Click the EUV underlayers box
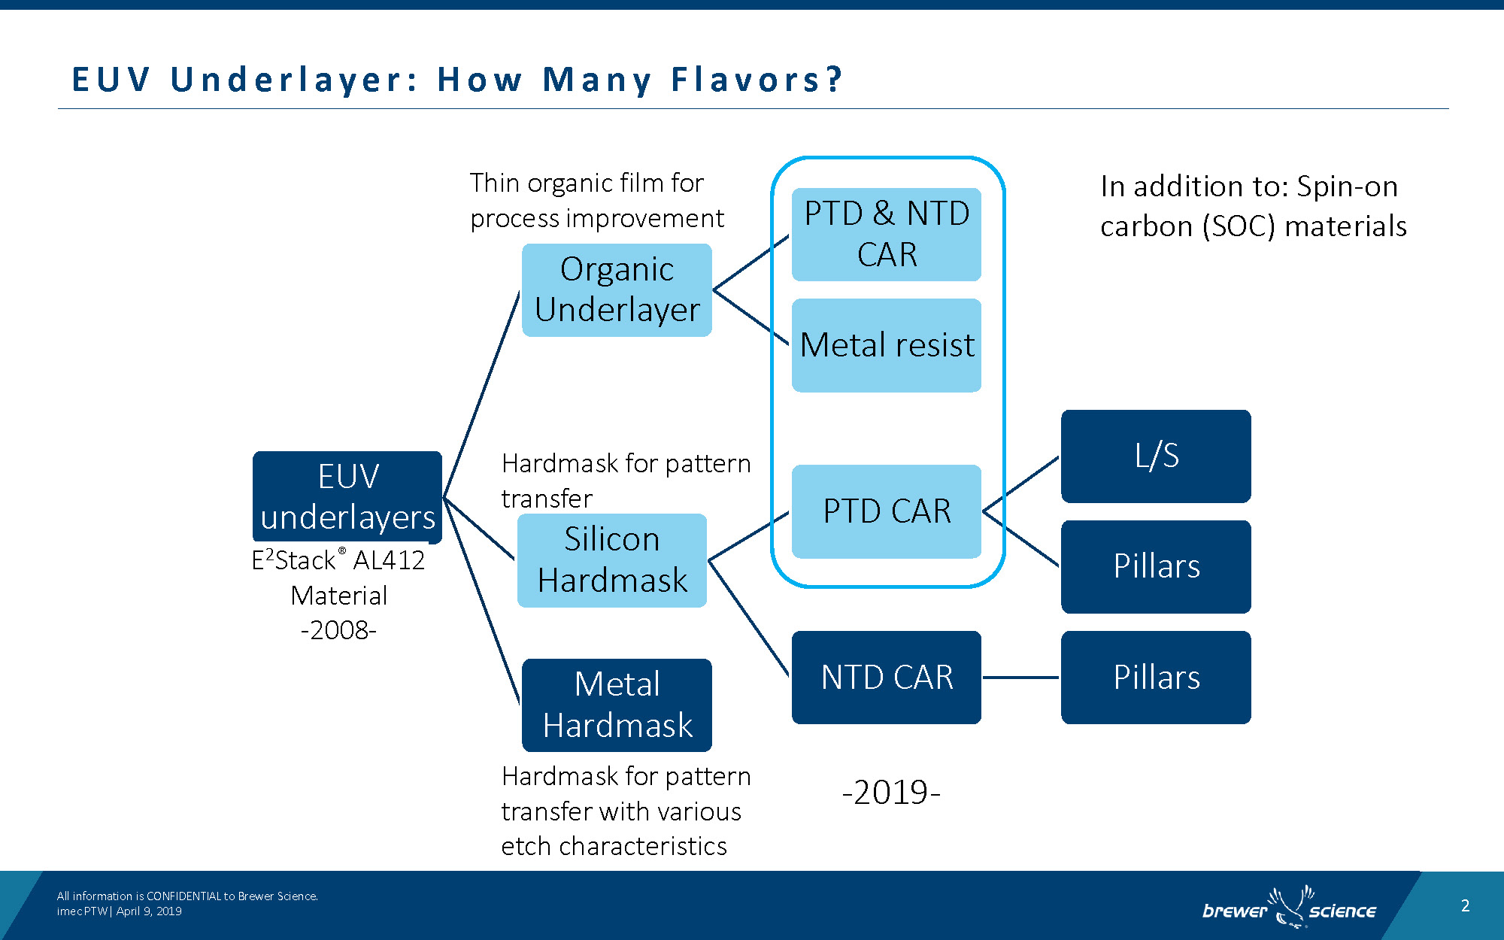point(347,497)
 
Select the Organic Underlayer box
point(617,290)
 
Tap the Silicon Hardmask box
point(612,560)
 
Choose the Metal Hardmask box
point(617,705)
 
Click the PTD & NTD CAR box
point(887,235)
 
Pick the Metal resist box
point(887,345)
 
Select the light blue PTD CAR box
point(887,511)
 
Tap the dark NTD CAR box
point(887,678)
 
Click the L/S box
point(1156,456)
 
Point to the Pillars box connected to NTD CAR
point(1156,678)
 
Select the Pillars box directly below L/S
point(1156,567)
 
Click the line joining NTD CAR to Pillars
point(1021,678)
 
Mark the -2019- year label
point(891,793)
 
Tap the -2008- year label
point(338,630)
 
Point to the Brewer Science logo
point(1289,908)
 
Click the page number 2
point(1465,905)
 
